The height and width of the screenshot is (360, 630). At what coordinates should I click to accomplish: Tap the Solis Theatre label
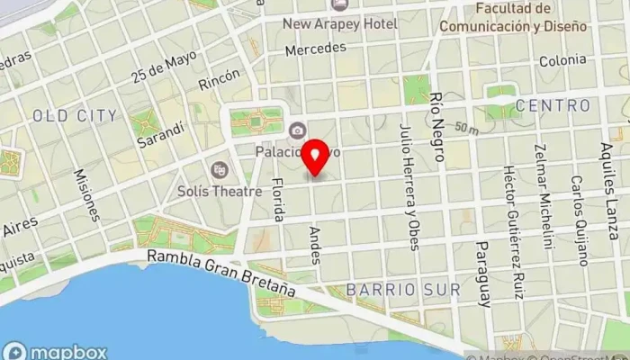coord(231,191)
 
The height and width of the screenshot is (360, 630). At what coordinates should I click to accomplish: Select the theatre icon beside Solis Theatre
coord(219,168)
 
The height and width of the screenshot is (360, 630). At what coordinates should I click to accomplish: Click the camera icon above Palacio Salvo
coord(295,131)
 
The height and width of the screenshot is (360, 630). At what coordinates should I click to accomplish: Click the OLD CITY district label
coord(74,116)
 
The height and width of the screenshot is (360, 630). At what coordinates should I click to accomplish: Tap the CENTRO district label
coord(553,106)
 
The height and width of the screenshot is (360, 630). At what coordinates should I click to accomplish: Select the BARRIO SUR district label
coord(403,290)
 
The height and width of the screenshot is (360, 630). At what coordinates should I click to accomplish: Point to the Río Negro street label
coord(437,127)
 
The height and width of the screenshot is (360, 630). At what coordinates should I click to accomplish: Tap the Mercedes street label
coord(309,49)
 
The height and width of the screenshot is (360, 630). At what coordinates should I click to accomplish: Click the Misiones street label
coord(87,193)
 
